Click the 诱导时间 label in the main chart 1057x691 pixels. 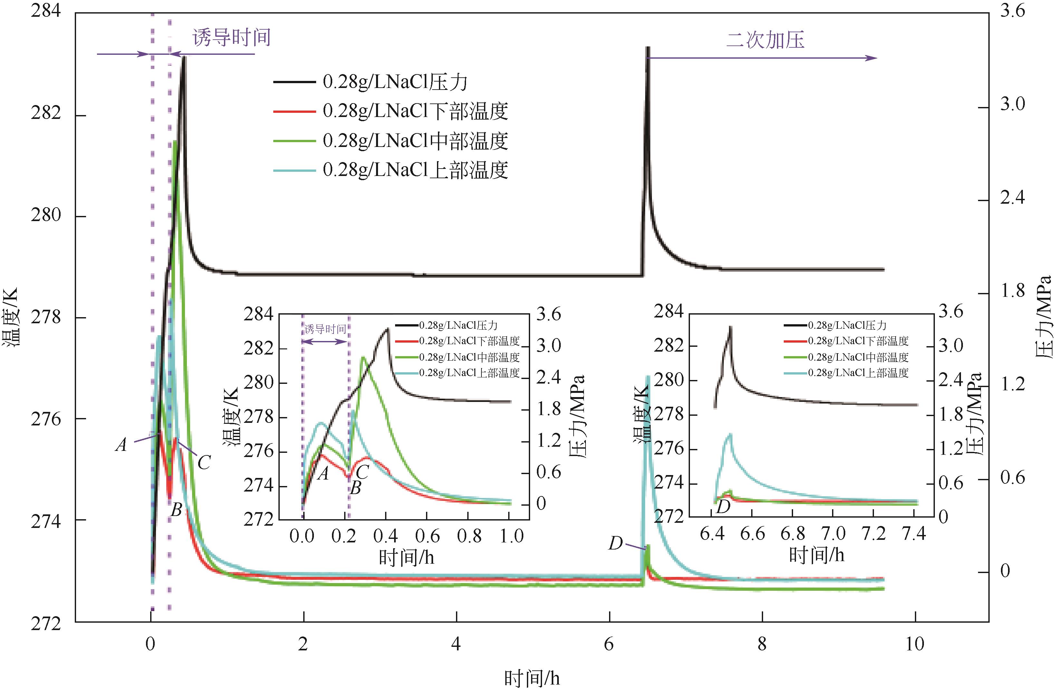click(x=231, y=38)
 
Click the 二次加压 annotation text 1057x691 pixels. click(x=765, y=40)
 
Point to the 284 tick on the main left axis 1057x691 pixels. click(x=45, y=11)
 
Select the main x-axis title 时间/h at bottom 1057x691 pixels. click(x=532, y=678)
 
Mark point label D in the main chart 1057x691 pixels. click(x=615, y=543)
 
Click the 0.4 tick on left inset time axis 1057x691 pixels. click(x=385, y=536)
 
